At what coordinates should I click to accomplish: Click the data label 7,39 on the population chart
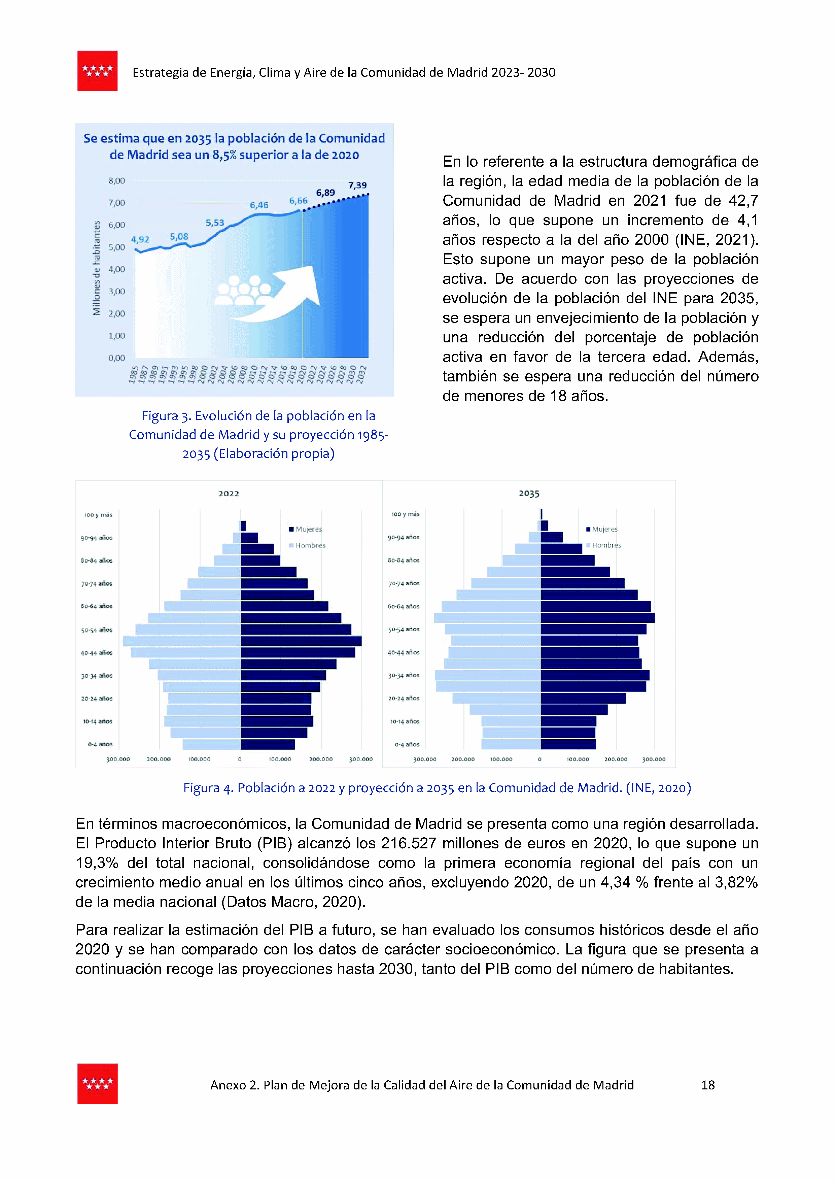[x=357, y=185]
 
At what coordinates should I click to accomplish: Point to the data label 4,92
[x=140, y=239]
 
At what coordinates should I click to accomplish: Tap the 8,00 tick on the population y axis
[x=117, y=181]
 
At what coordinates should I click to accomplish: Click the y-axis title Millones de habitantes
[x=96, y=268]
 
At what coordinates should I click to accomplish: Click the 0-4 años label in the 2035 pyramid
[x=407, y=744]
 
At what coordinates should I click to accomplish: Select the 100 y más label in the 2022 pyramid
[x=98, y=515]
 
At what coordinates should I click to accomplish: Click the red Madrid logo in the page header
[x=97, y=71]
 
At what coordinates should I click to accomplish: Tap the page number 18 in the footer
[x=708, y=1085]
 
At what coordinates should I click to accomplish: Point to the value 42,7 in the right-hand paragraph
[x=743, y=201]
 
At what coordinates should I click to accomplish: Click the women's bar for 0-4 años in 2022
[x=268, y=744]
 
